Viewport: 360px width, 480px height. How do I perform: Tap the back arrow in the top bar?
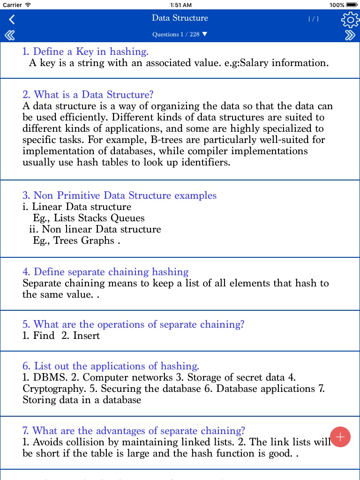coord(12,19)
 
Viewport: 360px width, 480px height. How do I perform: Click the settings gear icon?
coord(349,19)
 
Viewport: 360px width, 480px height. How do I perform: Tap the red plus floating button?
coord(340,437)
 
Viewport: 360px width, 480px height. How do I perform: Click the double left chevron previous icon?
coord(9,35)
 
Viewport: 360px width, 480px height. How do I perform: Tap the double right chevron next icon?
coord(350,35)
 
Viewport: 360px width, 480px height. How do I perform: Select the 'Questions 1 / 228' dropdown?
coord(180,35)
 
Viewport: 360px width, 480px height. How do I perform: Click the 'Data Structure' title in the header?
coord(180,18)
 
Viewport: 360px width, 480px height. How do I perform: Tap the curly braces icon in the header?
coord(313,19)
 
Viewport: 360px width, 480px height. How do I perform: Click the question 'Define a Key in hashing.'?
coord(85,52)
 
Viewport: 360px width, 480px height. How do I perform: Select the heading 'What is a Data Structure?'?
coord(88,95)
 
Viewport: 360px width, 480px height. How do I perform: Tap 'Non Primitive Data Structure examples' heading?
coord(120,195)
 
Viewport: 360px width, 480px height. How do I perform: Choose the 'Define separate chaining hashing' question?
coord(105,272)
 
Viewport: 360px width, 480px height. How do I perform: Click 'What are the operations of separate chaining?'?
coord(133,324)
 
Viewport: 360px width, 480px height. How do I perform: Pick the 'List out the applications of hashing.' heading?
coord(111,366)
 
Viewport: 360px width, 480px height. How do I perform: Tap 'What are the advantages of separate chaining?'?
coord(134,431)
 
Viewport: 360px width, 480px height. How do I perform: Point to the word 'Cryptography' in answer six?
coord(53,389)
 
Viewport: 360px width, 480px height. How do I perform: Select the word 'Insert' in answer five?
coord(86,336)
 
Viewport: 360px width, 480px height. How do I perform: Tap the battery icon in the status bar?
coord(352,5)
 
